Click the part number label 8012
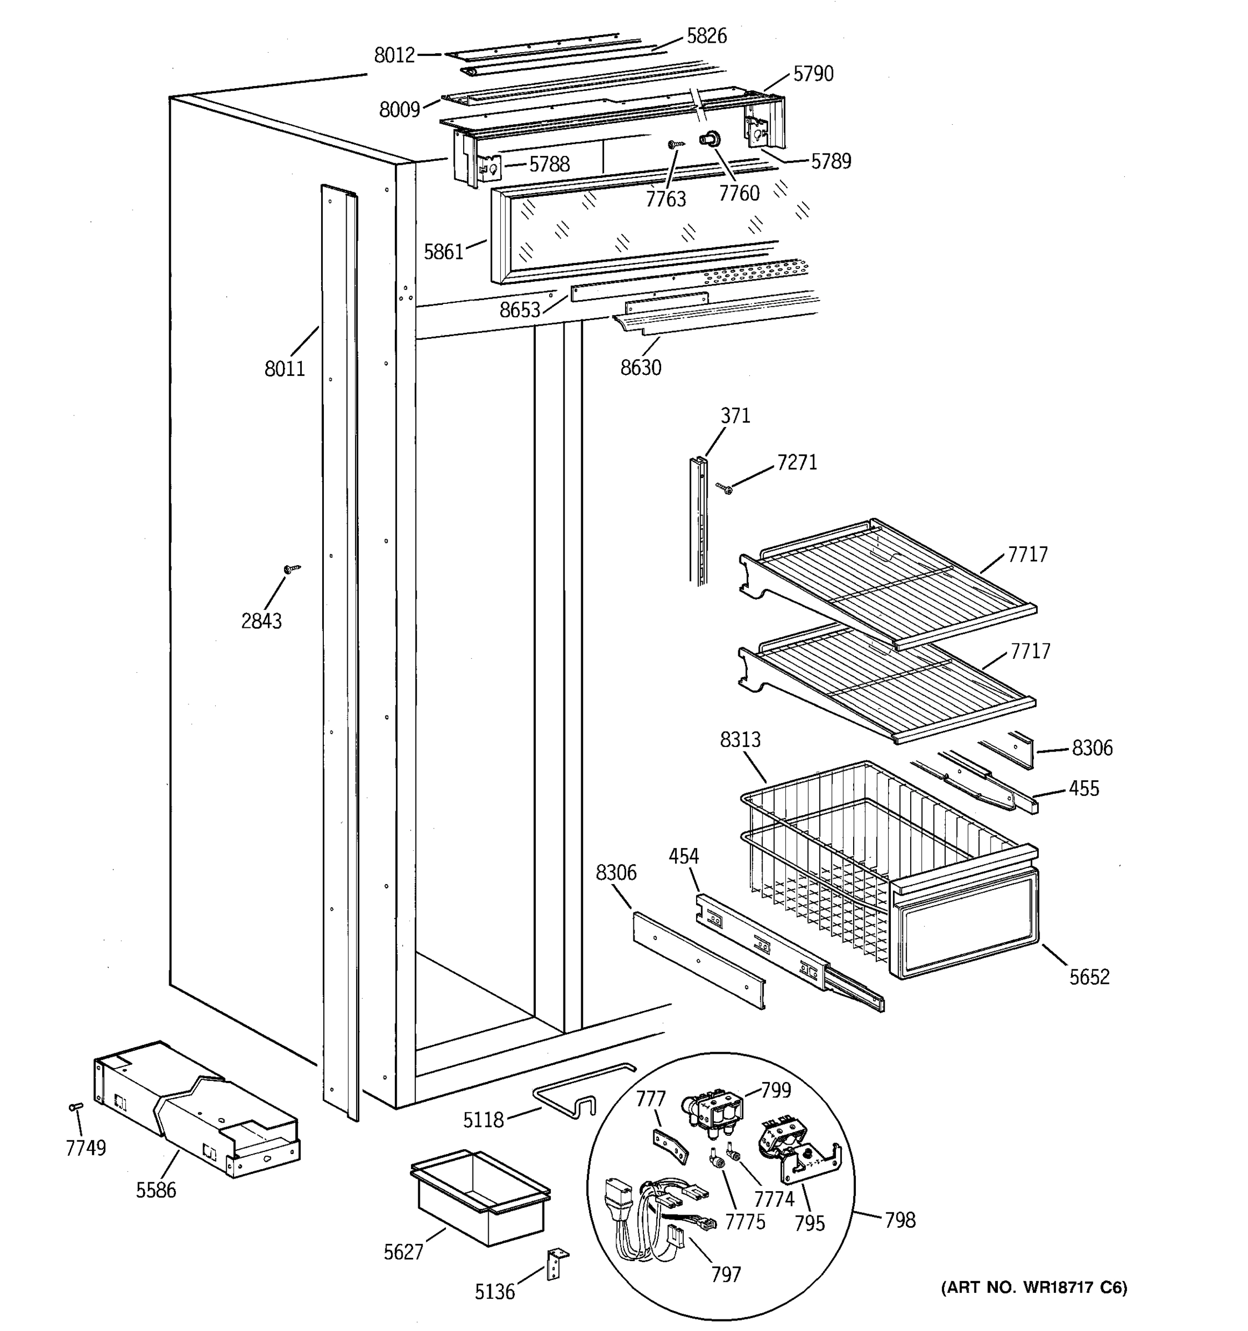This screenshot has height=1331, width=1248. (394, 55)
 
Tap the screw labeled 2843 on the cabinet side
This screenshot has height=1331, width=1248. (292, 569)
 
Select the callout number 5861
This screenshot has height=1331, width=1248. (443, 252)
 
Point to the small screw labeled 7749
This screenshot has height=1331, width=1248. (75, 1108)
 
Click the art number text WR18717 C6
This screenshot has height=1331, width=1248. (1034, 1287)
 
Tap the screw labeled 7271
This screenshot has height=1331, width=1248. (724, 489)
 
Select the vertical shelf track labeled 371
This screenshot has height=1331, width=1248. (698, 519)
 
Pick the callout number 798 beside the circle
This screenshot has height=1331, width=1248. (899, 1220)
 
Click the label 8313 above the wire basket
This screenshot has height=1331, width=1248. (740, 739)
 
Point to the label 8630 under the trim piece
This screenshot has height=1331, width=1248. (640, 368)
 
